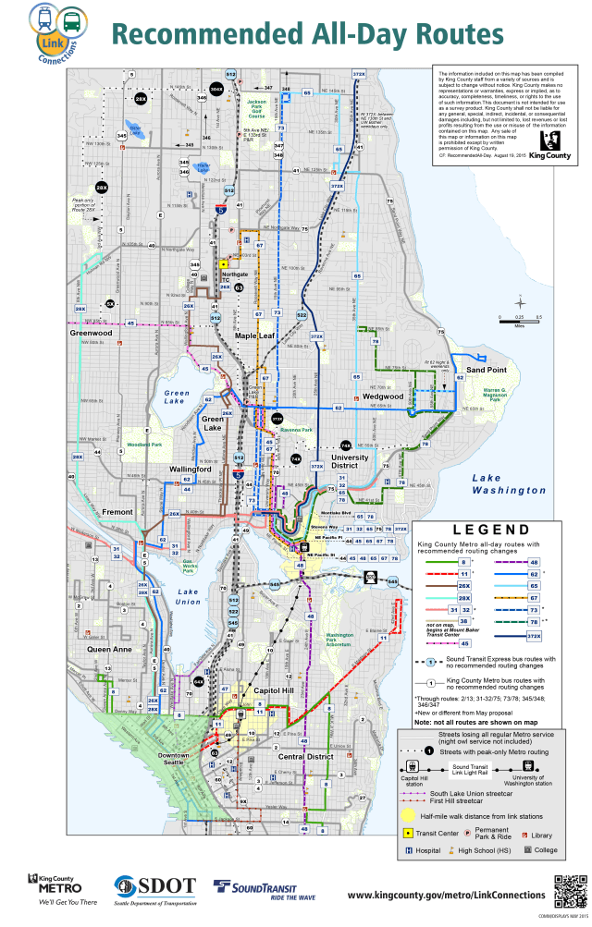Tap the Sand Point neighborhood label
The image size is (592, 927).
(x=486, y=370)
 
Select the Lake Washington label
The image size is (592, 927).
(x=508, y=483)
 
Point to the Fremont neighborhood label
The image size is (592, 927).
(x=117, y=511)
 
